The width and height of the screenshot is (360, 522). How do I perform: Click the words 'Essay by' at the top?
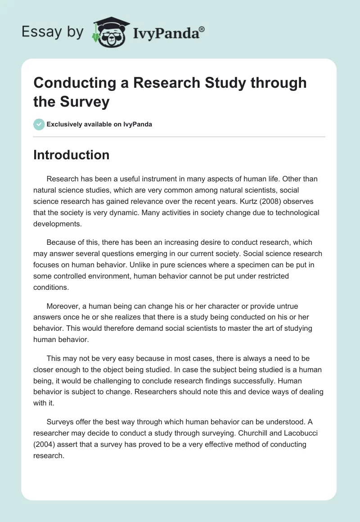53,31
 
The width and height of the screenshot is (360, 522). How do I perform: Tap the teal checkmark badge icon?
39,124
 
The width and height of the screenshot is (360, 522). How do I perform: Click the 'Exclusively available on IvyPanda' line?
99,124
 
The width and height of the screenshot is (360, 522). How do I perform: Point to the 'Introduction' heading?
71,155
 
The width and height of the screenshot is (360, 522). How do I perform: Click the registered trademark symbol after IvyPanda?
202,28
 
